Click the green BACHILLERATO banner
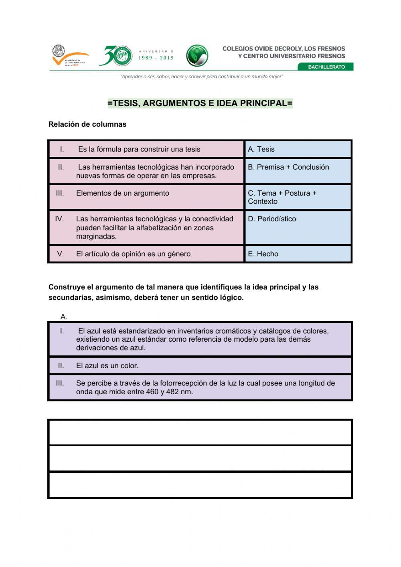pyautogui.click(x=326, y=67)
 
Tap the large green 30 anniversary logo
pyautogui.click(x=116, y=56)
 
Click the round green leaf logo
pyautogui.click(x=197, y=56)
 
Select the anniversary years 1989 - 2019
pyautogui.click(x=156, y=58)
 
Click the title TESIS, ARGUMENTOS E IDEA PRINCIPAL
pyautogui.click(x=200, y=103)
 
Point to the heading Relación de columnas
pyautogui.click(x=87, y=124)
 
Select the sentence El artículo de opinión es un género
pyautogui.click(x=133, y=254)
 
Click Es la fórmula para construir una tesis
pyautogui.click(x=139, y=149)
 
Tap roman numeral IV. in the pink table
pyautogui.click(x=59, y=219)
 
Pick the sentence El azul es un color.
pyautogui.click(x=107, y=366)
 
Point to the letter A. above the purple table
pyautogui.click(x=64, y=317)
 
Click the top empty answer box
pyautogui.click(x=200, y=432)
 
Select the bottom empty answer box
pyautogui.click(x=200, y=485)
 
